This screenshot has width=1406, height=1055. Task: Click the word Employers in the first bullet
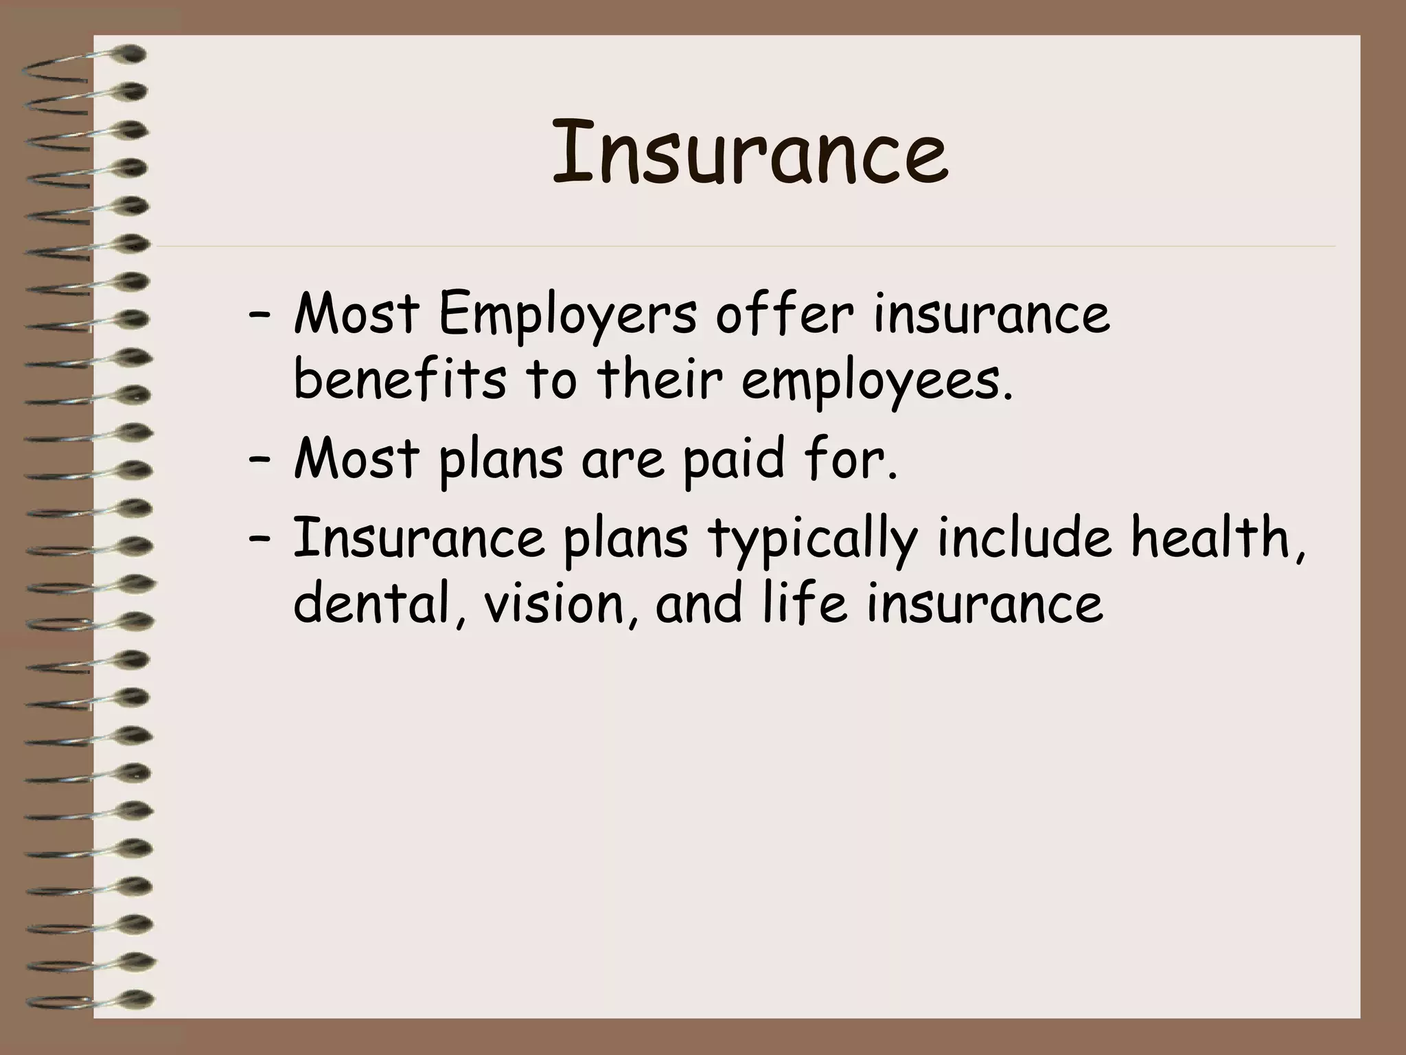(x=567, y=315)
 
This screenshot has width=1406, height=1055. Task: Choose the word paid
(x=732, y=459)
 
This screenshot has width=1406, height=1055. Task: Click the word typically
(x=812, y=539)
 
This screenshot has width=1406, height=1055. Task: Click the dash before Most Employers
(x=259, y=317)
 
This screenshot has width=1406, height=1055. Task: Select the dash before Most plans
(x=259, y=462)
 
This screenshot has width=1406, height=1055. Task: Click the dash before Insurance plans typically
(x=259, y=540)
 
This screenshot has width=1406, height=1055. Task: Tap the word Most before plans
(x=356, y=459)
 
